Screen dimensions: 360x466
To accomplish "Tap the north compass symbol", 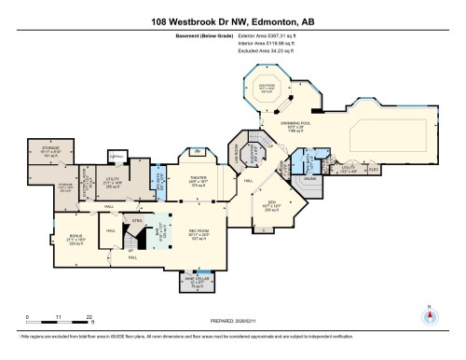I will coord(430,314).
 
